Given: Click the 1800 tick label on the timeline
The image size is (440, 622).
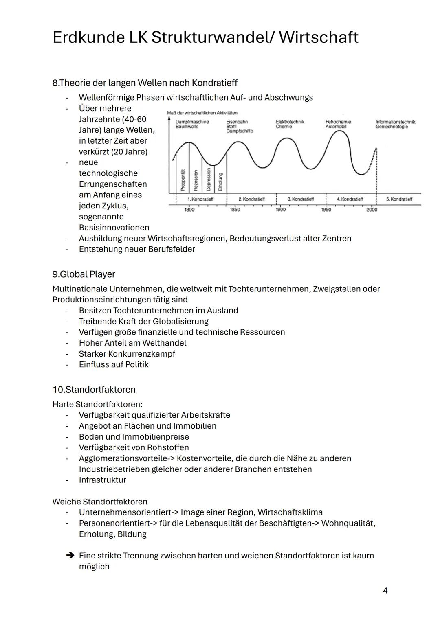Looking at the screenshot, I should (189, 210).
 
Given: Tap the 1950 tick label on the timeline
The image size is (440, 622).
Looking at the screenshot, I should (326, 210).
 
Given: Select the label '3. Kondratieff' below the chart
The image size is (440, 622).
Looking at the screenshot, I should (301, 199).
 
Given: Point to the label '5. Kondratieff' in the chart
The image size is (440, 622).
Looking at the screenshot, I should (399, 199).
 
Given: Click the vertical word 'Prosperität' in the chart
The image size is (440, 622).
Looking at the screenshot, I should (183, 180).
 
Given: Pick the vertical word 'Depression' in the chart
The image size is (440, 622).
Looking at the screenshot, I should (209, 180).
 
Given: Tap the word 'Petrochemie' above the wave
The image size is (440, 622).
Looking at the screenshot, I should (338, 122).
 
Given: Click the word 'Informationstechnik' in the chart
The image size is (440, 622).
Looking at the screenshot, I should (395, 122).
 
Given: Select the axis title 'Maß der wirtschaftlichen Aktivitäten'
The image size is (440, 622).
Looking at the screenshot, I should (202, 113).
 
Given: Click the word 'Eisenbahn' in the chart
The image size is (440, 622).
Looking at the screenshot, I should (237, 122).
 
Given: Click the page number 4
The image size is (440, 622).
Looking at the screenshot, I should (385, 591).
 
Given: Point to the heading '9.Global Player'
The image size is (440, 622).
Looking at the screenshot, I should (84, 274).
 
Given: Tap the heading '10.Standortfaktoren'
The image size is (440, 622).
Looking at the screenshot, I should (94, 390).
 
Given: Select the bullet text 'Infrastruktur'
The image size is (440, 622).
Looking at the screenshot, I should (102, 480).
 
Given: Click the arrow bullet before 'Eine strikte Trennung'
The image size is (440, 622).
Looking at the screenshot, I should (70, 556).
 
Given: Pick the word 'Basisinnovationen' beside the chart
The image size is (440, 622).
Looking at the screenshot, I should (114, 228).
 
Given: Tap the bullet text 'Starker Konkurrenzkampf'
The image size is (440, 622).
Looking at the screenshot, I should (127, 354).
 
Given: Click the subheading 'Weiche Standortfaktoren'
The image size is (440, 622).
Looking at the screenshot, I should (100, 502).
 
